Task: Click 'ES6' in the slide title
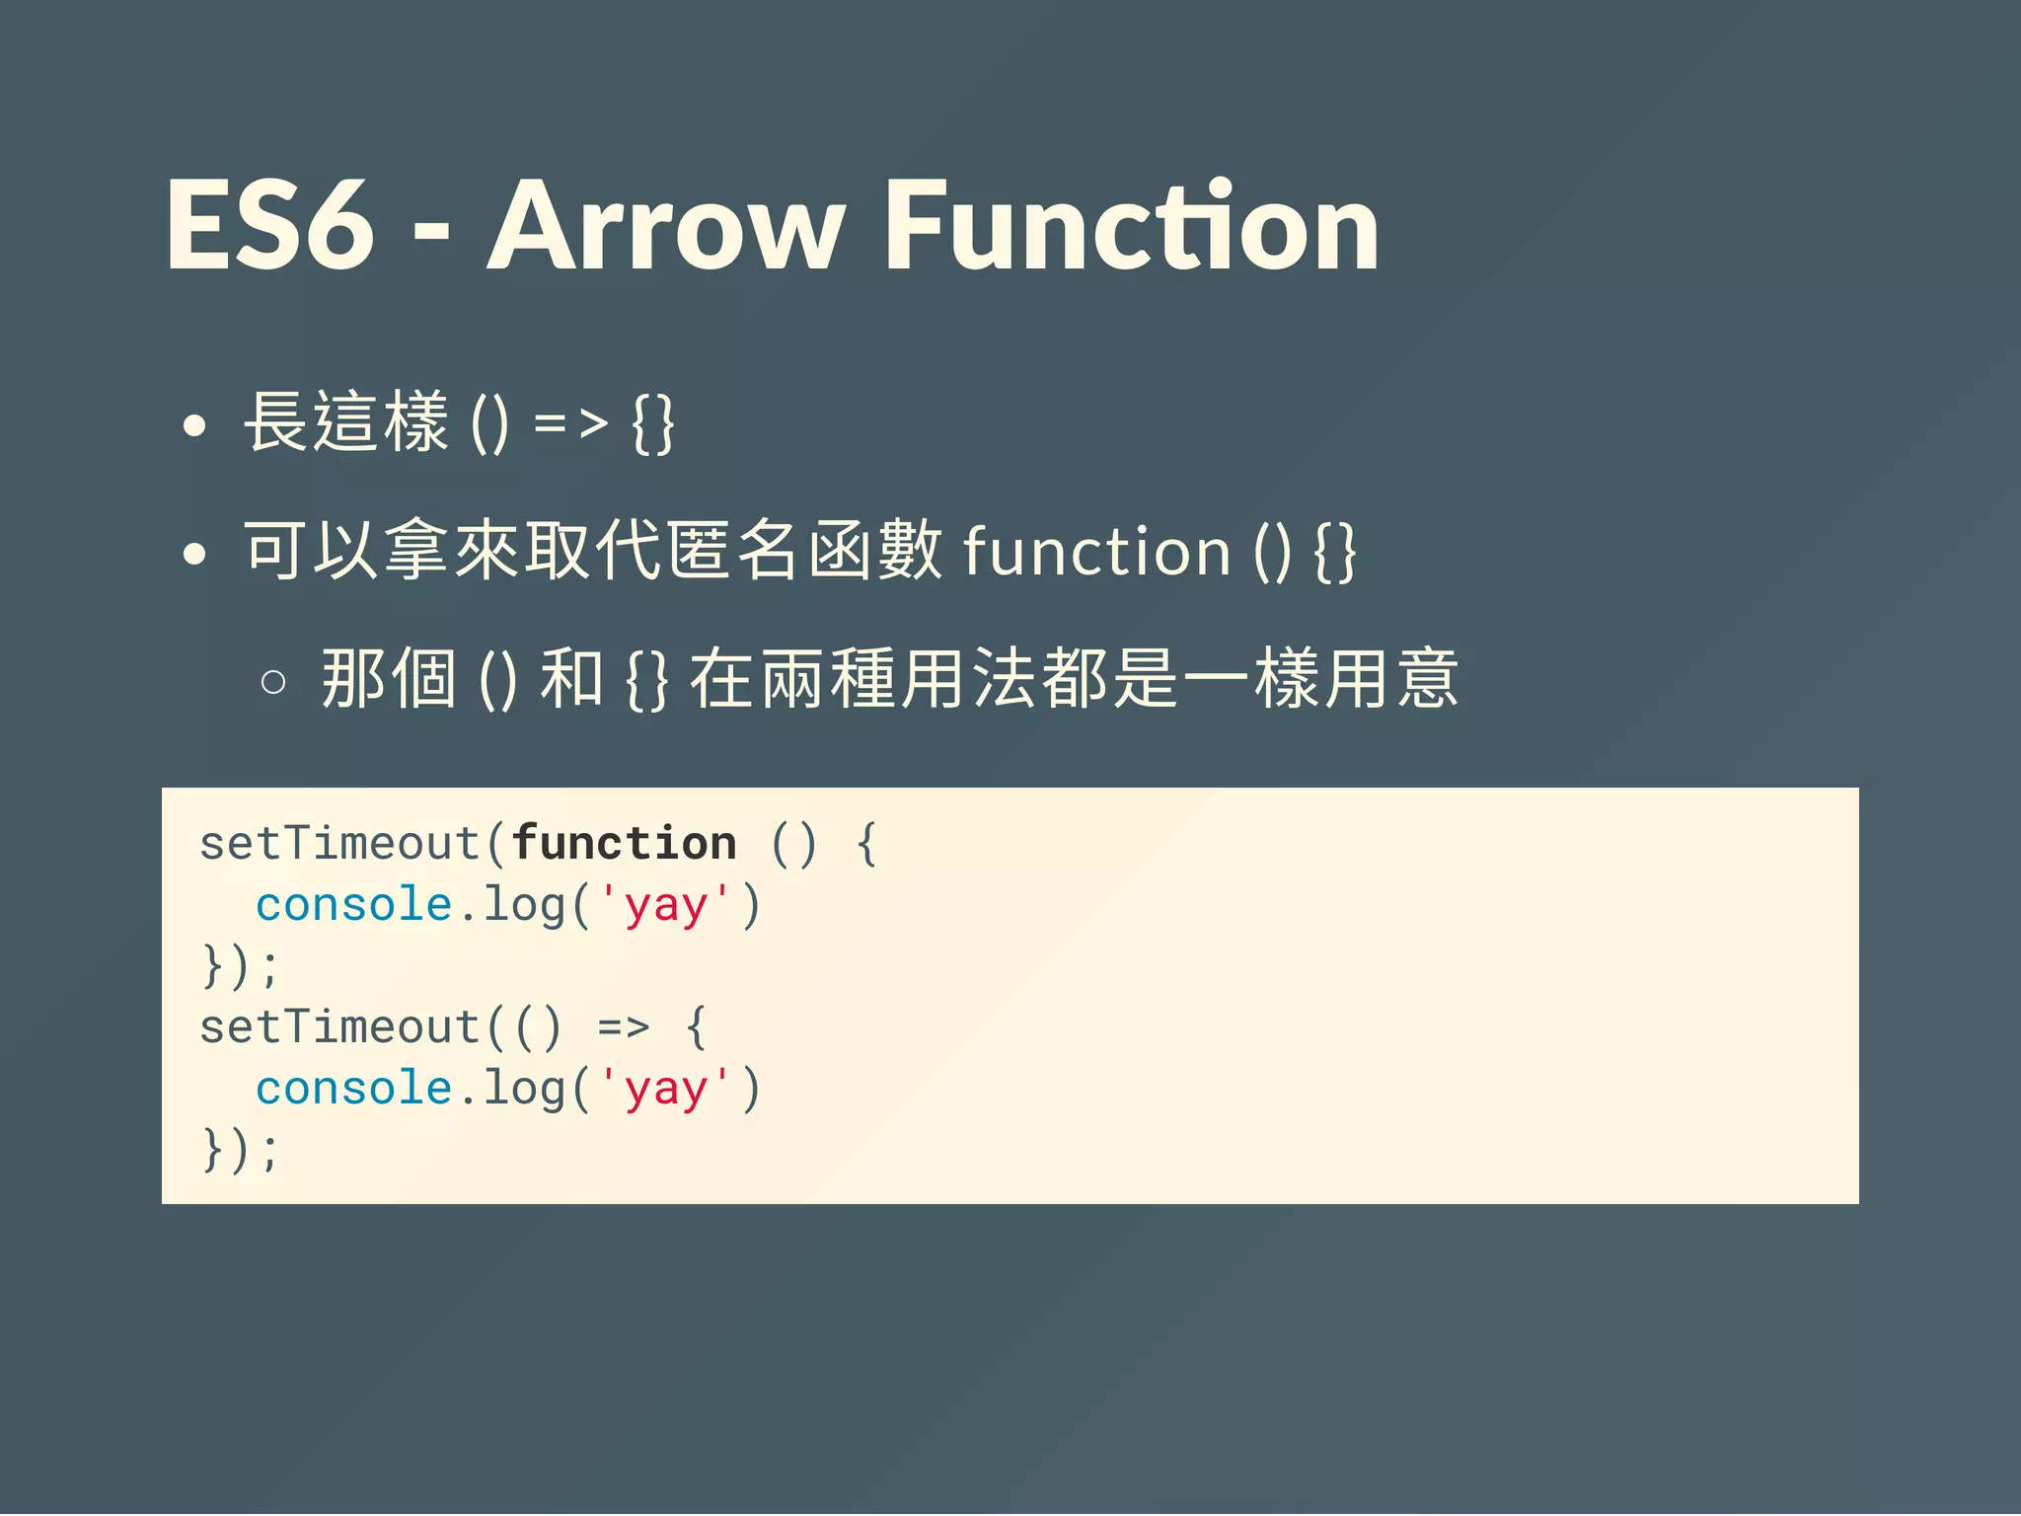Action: tap(270, 227)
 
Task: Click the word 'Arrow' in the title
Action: tap(666, 227)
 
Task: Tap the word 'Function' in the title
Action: tap(1131, 227)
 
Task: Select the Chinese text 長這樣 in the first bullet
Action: tap(346, 423)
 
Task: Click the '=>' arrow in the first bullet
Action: tap(570, 424)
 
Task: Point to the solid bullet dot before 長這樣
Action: tap(195, 426)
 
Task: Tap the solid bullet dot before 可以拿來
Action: tap(195, 554)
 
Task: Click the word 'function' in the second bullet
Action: tap(1095, 551)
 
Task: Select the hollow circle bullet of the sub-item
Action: tap(273, 682)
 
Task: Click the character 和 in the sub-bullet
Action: tap(571, 679)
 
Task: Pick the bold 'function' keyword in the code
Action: tap(624, 844)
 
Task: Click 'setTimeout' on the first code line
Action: tap(339, 844)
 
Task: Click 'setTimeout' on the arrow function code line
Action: tap(339, 1027)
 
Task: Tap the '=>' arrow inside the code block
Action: tap(624, 1027)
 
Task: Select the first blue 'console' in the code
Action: tap(353, 905)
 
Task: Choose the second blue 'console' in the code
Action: tap(353, 1089)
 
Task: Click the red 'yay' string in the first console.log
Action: tap(665, 906)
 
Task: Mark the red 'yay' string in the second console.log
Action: tap(665, 1090)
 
